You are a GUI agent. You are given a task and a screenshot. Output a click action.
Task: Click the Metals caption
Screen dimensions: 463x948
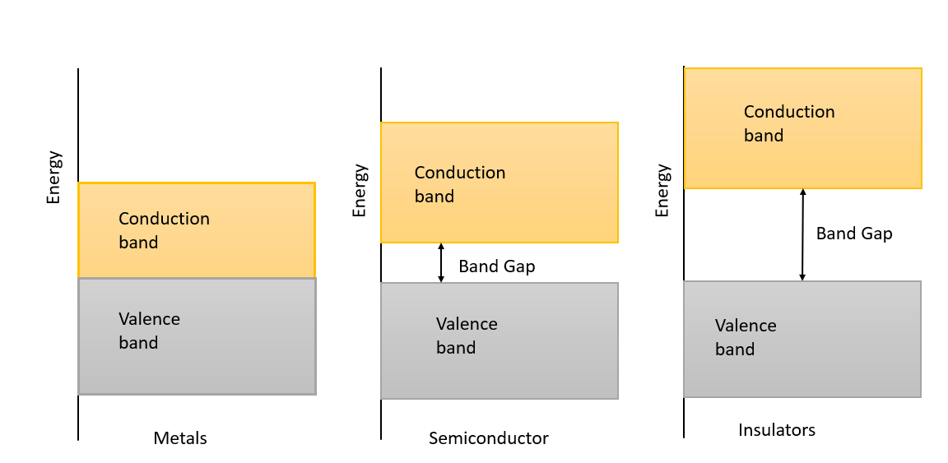180,438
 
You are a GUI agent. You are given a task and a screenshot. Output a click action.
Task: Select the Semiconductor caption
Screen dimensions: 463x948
488,438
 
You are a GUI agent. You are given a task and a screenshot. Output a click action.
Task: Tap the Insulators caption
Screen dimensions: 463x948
777,430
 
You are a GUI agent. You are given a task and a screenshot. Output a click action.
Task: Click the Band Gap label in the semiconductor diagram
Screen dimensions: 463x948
497,266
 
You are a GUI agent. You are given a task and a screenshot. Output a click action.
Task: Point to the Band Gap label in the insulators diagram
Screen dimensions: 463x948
854,234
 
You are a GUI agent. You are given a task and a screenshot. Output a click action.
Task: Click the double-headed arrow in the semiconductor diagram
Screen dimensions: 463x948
441,263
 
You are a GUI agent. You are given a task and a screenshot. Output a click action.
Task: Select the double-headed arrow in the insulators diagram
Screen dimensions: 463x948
803,234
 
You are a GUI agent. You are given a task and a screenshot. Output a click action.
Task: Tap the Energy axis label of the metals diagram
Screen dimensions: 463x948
54,177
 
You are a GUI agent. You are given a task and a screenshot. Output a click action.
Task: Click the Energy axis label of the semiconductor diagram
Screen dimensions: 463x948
360,191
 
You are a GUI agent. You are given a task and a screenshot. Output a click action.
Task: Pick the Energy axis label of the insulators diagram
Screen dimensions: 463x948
662,191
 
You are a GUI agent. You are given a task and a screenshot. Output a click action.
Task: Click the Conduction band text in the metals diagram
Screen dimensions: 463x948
164,230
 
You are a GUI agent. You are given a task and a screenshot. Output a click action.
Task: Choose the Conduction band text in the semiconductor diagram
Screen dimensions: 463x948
459,184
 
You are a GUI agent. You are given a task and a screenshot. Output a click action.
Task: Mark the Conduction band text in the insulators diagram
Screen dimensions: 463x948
788,123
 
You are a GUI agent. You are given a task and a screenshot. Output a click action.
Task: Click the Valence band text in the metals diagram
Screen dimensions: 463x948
149,331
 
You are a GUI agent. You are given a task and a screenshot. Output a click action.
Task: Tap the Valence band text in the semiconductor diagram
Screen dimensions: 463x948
466,336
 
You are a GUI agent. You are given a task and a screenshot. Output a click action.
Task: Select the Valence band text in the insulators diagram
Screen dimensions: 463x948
746,337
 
